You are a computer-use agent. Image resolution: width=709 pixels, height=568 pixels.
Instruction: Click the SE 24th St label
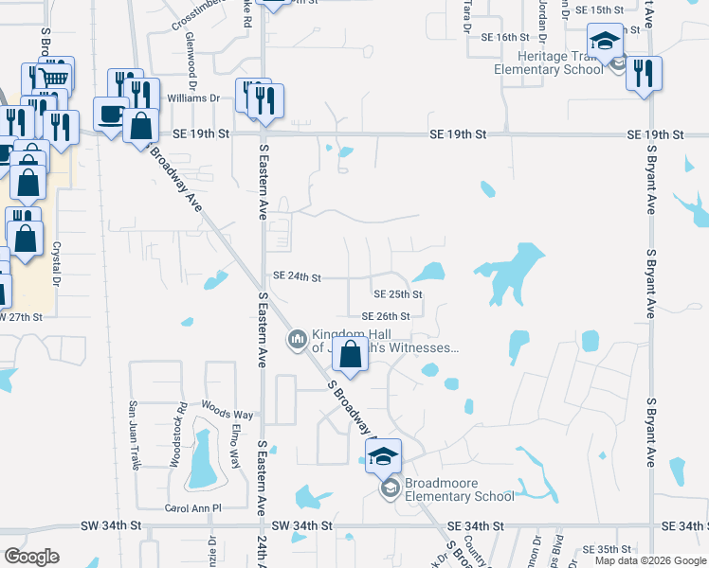coord(298,277)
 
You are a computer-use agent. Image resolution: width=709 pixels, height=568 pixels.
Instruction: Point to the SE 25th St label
coord(397,294)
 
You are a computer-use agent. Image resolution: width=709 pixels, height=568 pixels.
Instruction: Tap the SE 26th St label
coord(385,316)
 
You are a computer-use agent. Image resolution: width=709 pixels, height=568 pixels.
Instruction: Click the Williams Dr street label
coord(193,98)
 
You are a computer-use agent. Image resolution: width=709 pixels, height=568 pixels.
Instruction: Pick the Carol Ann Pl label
coord(192,508)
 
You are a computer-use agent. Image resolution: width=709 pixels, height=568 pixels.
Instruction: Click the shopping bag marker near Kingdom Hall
coord(351,355)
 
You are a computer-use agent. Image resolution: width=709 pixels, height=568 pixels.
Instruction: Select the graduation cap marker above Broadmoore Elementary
coord(383,456)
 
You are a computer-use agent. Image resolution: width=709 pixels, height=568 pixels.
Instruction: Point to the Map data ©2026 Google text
coord(649,560)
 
